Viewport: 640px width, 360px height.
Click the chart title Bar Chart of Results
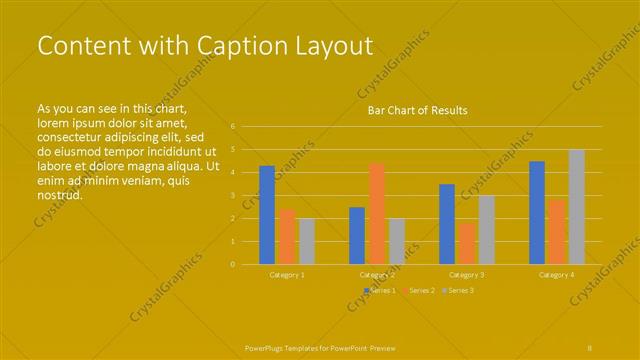(x=417, y=110)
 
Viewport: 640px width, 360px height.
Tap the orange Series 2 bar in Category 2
(x=377, y=213)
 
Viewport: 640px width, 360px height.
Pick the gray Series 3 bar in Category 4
(x=577, y=207)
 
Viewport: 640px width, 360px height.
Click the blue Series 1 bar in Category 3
(x=447, y=224)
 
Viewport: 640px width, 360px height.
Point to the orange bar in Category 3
(x=467, y=243)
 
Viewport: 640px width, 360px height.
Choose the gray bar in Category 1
(x=307, y=241)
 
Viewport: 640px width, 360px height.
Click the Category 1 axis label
(x=287, y=274)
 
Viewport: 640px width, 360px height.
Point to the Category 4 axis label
(x=557, y=274)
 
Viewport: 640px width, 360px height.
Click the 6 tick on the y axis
(x=232, y=127)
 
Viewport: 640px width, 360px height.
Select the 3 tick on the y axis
(x=232, y=196)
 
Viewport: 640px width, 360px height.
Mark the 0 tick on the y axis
(x=232, y=264)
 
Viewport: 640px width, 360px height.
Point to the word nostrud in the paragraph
(x=59, y=195)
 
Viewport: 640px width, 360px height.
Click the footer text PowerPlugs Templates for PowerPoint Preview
(x=320, y=348)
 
